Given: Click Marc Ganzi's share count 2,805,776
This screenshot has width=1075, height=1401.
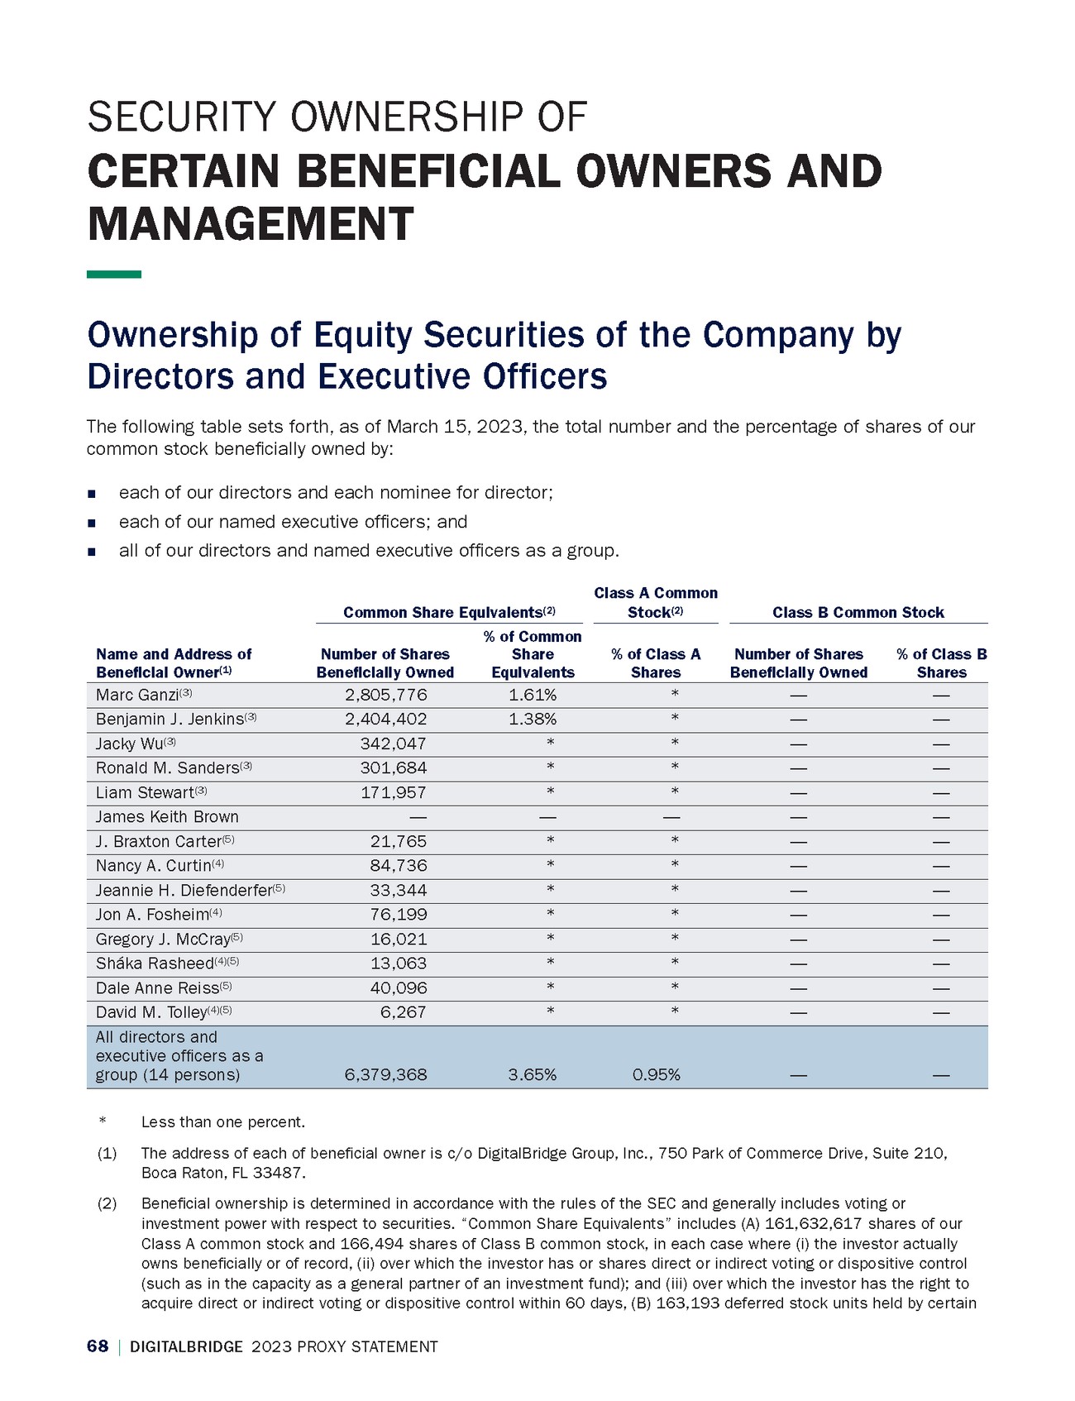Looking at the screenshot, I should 385,695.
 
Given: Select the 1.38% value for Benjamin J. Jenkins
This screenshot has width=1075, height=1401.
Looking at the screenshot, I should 533,719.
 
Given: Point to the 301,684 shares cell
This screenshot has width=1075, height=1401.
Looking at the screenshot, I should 394,768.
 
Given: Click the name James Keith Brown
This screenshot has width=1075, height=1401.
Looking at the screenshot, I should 167,817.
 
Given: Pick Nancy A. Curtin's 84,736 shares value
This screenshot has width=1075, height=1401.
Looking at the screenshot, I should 398,866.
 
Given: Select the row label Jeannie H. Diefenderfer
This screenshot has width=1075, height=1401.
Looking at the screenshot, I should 184,891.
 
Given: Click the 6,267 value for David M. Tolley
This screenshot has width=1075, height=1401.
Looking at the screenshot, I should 404,1012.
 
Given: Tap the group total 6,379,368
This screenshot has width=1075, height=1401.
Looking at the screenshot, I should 385,1075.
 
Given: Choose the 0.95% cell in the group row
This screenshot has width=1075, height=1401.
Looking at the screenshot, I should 656,1075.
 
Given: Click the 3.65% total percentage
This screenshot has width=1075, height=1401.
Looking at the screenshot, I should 533,1075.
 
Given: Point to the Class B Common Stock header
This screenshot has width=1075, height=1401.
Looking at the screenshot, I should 858,613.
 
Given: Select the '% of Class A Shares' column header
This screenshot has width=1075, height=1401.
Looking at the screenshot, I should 656,663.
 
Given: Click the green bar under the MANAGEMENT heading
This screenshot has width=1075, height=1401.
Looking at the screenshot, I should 114,274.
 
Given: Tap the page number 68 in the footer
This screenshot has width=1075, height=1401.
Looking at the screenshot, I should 98,1346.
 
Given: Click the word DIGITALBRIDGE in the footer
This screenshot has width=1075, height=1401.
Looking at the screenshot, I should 186,1347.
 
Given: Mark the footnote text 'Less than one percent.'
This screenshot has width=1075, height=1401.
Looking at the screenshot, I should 223,1122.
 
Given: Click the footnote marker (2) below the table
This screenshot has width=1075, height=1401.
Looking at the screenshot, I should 107,1203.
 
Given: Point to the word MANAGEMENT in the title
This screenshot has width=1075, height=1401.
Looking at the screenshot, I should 250,223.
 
